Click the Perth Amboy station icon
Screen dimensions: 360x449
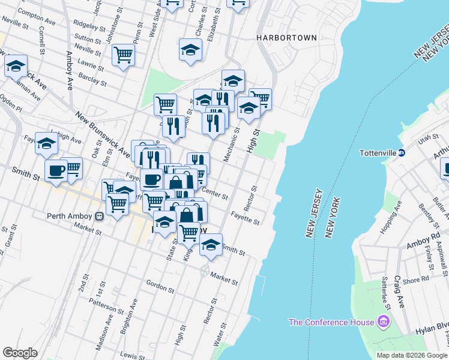pos(101,217)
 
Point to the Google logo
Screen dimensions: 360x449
pos(20,352)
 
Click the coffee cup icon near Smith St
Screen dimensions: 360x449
pos(56,170)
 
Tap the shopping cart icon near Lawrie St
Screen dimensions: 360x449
pos(123,55)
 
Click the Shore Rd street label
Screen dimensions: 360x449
pos(416,279)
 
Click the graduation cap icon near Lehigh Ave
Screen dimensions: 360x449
pos(46,143)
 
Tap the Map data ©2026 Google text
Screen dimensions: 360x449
pos(412,355)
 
